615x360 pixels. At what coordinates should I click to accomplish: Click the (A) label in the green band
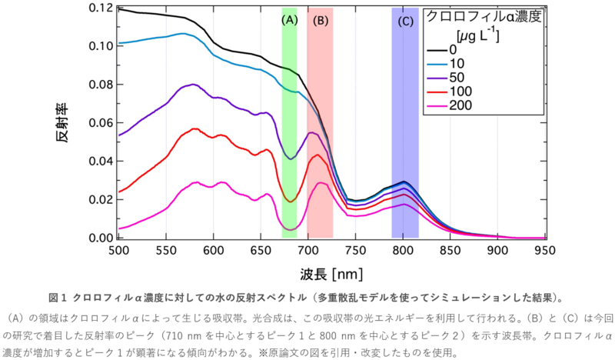click(x=289, y=21)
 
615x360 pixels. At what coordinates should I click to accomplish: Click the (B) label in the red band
click(x=321, y=21)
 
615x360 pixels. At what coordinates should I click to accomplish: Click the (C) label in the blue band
click(x=405, y=21)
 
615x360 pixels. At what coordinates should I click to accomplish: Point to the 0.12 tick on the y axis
click(x=101, y=8)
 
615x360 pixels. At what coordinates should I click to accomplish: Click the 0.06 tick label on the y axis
click(x=101, y=123)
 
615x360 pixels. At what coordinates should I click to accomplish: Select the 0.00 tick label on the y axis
click(x=101, y=238)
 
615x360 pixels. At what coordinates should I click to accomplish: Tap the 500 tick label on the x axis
click(x=118, y=250)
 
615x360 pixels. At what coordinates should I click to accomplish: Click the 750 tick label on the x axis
click(x=355, y=250)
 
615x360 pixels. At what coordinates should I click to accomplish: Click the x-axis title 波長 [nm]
click(x=331, y=273)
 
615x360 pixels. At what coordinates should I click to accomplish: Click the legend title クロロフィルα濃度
click(x=485, y=17)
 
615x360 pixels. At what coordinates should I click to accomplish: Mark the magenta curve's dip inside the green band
click(x=290, y=229)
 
